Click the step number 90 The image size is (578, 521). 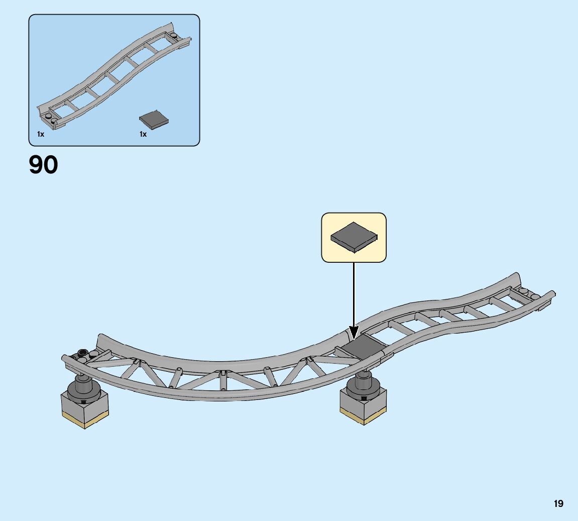pos(44,165)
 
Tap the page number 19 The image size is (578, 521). pos(558,503)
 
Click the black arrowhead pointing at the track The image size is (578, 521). pos(354,332)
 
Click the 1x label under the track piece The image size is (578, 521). pos(41,134)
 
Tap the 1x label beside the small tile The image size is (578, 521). pos(143,134)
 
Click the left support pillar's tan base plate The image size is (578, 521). pos(85,419)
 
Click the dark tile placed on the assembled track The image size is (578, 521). pos(363,346)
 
